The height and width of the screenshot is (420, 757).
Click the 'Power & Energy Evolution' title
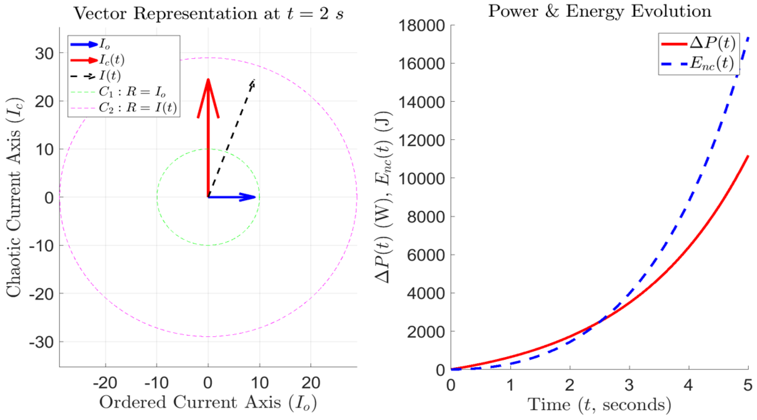pyautogui.click(x=599, y=12)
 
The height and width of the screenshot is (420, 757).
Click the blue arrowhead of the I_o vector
pyautogui.click(x=248, y=197)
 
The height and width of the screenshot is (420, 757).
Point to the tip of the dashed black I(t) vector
pyautogui.click(x=253, y=81)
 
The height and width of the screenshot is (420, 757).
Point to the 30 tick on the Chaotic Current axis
pyautogui.click(x=44, y=53)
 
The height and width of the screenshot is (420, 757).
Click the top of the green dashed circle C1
pyautogui.click(x=208, y=149)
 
